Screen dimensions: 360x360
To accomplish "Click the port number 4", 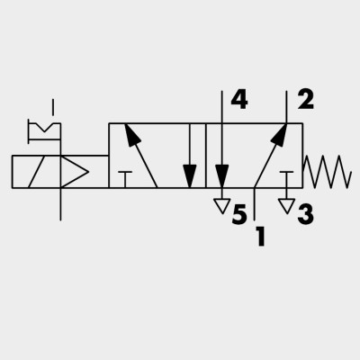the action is point(239,100).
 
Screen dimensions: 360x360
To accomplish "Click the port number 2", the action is point(306,100).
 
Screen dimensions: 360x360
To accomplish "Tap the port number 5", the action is point(239,214).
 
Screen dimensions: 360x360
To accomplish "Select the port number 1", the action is point(261,237).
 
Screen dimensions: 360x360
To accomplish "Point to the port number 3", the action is point(306,214).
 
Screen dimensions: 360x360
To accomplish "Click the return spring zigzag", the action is point(327,172).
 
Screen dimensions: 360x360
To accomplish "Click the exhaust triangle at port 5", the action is point(222,206).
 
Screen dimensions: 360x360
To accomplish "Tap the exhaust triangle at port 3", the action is point(287,206).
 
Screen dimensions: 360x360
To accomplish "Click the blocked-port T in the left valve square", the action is point(125,179).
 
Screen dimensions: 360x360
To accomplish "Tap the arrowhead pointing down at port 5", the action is point(222,176).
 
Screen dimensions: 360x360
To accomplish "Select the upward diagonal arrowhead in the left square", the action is point(131,134).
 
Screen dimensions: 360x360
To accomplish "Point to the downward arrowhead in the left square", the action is point(190,176).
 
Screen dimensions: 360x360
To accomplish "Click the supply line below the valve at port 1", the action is point(255,204).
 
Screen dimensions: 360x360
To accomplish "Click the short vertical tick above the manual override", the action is point(53,107).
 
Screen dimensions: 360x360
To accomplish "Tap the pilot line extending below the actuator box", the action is point(60,204).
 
